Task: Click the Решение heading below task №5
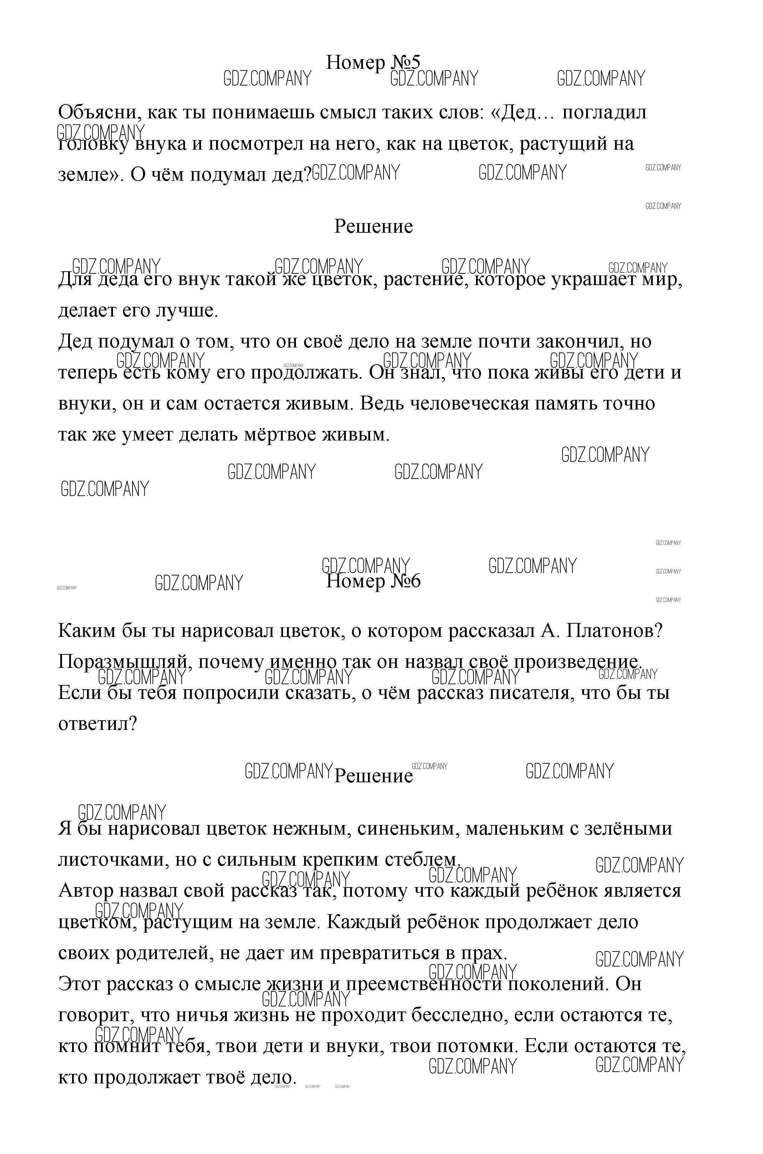tap(373, 227)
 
